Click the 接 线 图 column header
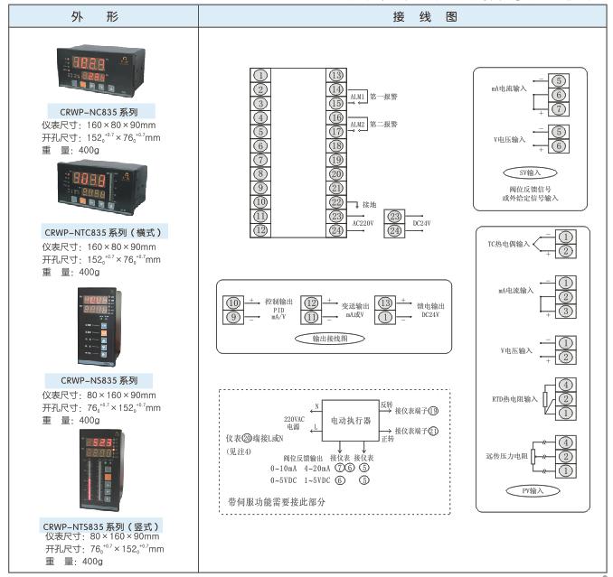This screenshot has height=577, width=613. pyautogui.click(x=404, y=17)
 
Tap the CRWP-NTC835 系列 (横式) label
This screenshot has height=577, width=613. pyautogui.click(x=104, y=232)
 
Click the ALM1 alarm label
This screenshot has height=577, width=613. pyautogui.click(x=358, y=96)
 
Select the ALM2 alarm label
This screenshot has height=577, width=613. pyautogui.click(x=358, y=124)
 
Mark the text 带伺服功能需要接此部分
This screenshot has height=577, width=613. pyautogui.click(x=277, y=500)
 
